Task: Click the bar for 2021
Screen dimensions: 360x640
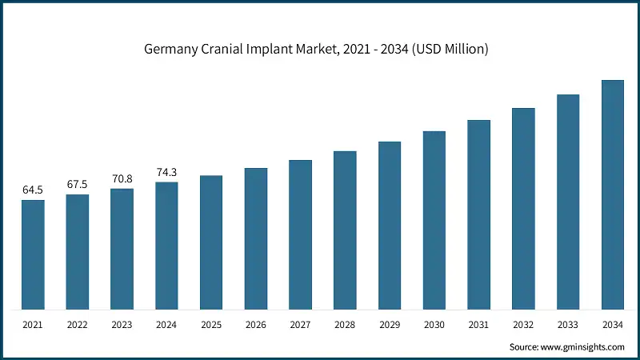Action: click(x=33, y=254)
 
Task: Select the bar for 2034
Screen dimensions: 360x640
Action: click(x=613, y=194)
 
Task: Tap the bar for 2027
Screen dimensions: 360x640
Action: click(x=300, y=234)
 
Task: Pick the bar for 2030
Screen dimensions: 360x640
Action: click(x=434, y=220)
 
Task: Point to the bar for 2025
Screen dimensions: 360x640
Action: click(x=211, y=242)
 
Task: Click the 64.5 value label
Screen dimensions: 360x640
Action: click(x=33, y=190)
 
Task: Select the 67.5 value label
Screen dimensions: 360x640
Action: click(x=78, y=184)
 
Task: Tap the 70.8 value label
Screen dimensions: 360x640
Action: click(x=122, y=178)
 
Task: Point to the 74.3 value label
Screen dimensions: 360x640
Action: click(x=166, y=172)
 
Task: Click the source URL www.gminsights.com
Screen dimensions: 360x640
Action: click(x=582, y=347)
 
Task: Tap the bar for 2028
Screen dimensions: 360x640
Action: click(x=345, y=230)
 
